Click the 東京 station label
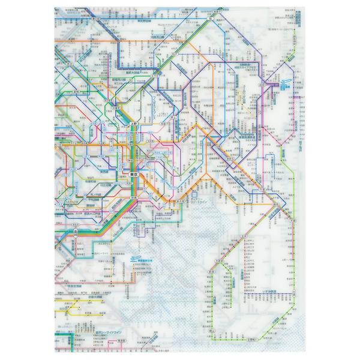click(134, 174)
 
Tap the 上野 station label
click(133, 124)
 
